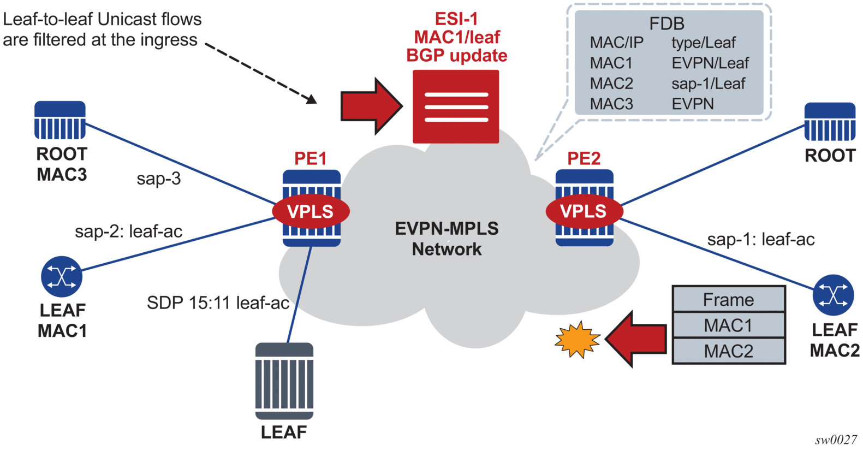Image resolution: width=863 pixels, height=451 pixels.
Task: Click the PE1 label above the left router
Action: (x=310, y=158)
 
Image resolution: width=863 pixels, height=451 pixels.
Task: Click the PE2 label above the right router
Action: (x=584, y=158)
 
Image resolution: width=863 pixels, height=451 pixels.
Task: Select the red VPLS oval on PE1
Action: (x=311, y=211)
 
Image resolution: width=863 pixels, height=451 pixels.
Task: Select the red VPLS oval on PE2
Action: (x=584, y=211)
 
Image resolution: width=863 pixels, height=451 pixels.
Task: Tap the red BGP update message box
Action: (x=456, y=106)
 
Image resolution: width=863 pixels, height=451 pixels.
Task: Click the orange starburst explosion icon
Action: (x=577, y=339)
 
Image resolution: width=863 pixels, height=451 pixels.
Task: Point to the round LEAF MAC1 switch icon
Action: (x=62, y=276)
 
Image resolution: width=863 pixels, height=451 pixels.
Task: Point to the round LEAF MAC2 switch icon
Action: (x=833, y=295)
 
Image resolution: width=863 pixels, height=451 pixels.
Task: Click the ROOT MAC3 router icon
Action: (x=60, y=120)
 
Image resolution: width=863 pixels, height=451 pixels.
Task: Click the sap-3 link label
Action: (x=158, y=179)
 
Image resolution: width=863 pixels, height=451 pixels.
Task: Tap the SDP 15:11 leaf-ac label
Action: (x=218, y=302)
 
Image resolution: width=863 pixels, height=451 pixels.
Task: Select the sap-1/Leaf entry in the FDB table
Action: (x=708, y=84)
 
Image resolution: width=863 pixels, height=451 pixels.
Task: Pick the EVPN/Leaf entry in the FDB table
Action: (x=710, y=63)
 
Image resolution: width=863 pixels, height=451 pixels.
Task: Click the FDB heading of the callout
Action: (x=666, y=23)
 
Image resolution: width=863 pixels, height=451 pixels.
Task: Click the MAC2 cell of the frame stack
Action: (x=728, y=351)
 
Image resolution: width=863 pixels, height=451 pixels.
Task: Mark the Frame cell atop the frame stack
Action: (x=728, y=299)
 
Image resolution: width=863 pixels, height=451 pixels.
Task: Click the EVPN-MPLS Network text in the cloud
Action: (x=447, y=239)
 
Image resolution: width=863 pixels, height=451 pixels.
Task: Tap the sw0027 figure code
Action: (x=836, y=440)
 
